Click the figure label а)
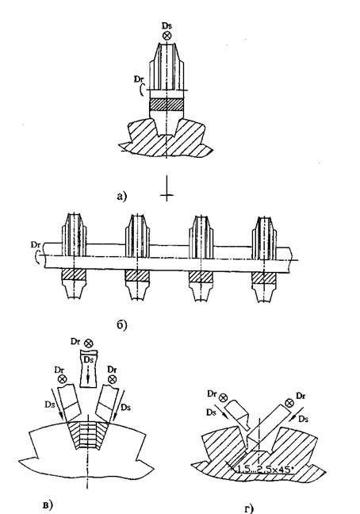pyautogui.click(x=121, y=196)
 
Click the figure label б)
pyautogui.click(x=121, y=324)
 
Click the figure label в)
pyautogui.click(x=48, y=504)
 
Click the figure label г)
pyautogui.click(x=249, y=508)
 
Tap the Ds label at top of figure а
pyautogui.click(x=167, y=25)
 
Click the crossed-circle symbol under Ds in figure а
pyautogui.click(x=167, y=36)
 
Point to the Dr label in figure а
pyautogui.click(x=139, y=79)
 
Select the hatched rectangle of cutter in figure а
pyautogui.click(x=166, y=104)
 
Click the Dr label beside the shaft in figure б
pyautogui.click(x=36, y=244)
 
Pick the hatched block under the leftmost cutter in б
pyautogui.click(x=74, y=274)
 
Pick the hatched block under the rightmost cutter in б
pyautogui.click(x=264, y=278)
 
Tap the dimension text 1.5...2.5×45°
pyautogui.click(x=264, y=470)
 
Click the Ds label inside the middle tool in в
pyautogui.click(x=88, y=359)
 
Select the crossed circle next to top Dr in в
pyautogui.click(x=89, y=343)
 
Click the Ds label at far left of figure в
pyautogui.click(x=49, y=405)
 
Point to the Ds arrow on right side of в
pyautogui.click(x=118, y=405)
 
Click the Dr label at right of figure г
pyautogui.click(x=301, y=396)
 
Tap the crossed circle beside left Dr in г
pyautogui.click(x=223, y=398)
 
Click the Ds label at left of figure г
pyautogui.click(x=211, y=412)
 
